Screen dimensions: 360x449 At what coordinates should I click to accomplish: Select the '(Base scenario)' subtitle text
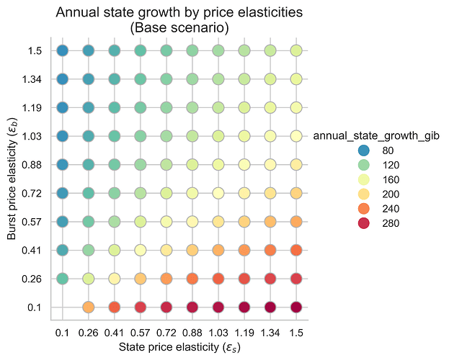pyautogui.click(x=179, y=28)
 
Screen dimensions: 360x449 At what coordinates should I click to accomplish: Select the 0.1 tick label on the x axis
pyautogui.click(x=63, y=333)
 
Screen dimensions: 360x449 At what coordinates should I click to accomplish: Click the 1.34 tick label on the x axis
pyautogui.click(x=270, y=333)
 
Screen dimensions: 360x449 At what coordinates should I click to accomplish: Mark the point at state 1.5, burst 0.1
pyautogui.click(x=296, y=307)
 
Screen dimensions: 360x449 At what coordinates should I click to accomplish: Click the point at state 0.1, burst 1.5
pyautogui.click(x=63, y=50)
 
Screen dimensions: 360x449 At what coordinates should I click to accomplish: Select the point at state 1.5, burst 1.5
pyautogui.click(x=296, y=50)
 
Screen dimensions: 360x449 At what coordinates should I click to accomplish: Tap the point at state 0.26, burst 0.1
pyautogui.click(x=89, y=307)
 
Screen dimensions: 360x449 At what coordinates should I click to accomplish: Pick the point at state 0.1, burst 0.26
pyautogui.click(x=63, y=279)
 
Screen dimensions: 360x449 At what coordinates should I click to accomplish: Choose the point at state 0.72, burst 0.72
pyautogui.click(x=166, y=193)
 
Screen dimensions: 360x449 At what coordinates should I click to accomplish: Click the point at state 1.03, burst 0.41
pyautogui.click(x=218, y=250)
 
